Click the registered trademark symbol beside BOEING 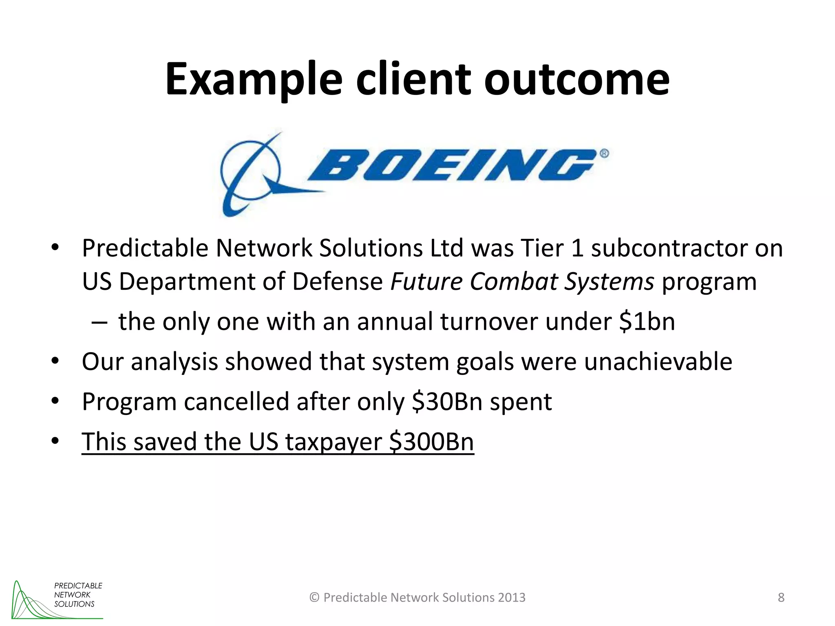click(x=604, y=154)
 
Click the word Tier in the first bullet click(x=541, y=248)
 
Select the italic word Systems click(x=609, y=281)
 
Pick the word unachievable click(x=658, y=361)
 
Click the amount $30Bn click(x=447, y=401)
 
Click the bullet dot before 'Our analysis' click(x=55, y=361)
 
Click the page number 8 click(x=781, y=597)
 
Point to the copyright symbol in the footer click(x=314, y=597)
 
